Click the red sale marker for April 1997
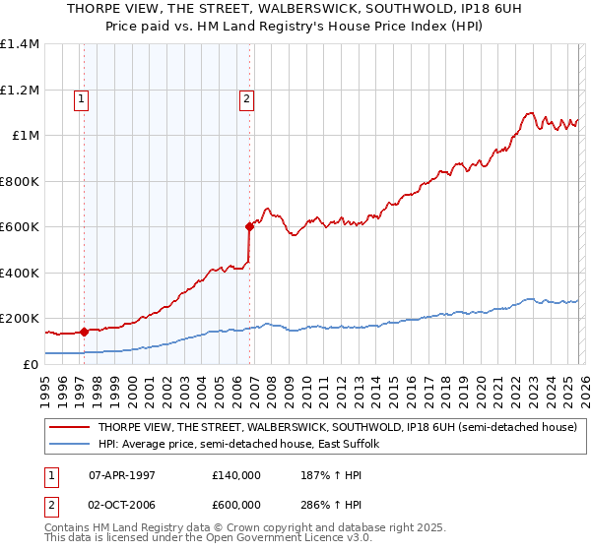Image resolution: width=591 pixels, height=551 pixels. [84, 332]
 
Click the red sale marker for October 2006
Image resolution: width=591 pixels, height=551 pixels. [249, 227]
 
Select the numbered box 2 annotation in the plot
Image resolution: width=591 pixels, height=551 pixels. [245, 97]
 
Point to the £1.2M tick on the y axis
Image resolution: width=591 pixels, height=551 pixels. [20, 90]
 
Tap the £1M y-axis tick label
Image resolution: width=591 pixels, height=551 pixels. [26, 136]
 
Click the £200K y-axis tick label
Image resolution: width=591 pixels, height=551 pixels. [20, 319]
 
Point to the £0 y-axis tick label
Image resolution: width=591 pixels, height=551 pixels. [31, 365]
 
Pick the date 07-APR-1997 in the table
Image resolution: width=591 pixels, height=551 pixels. [122, 475]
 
